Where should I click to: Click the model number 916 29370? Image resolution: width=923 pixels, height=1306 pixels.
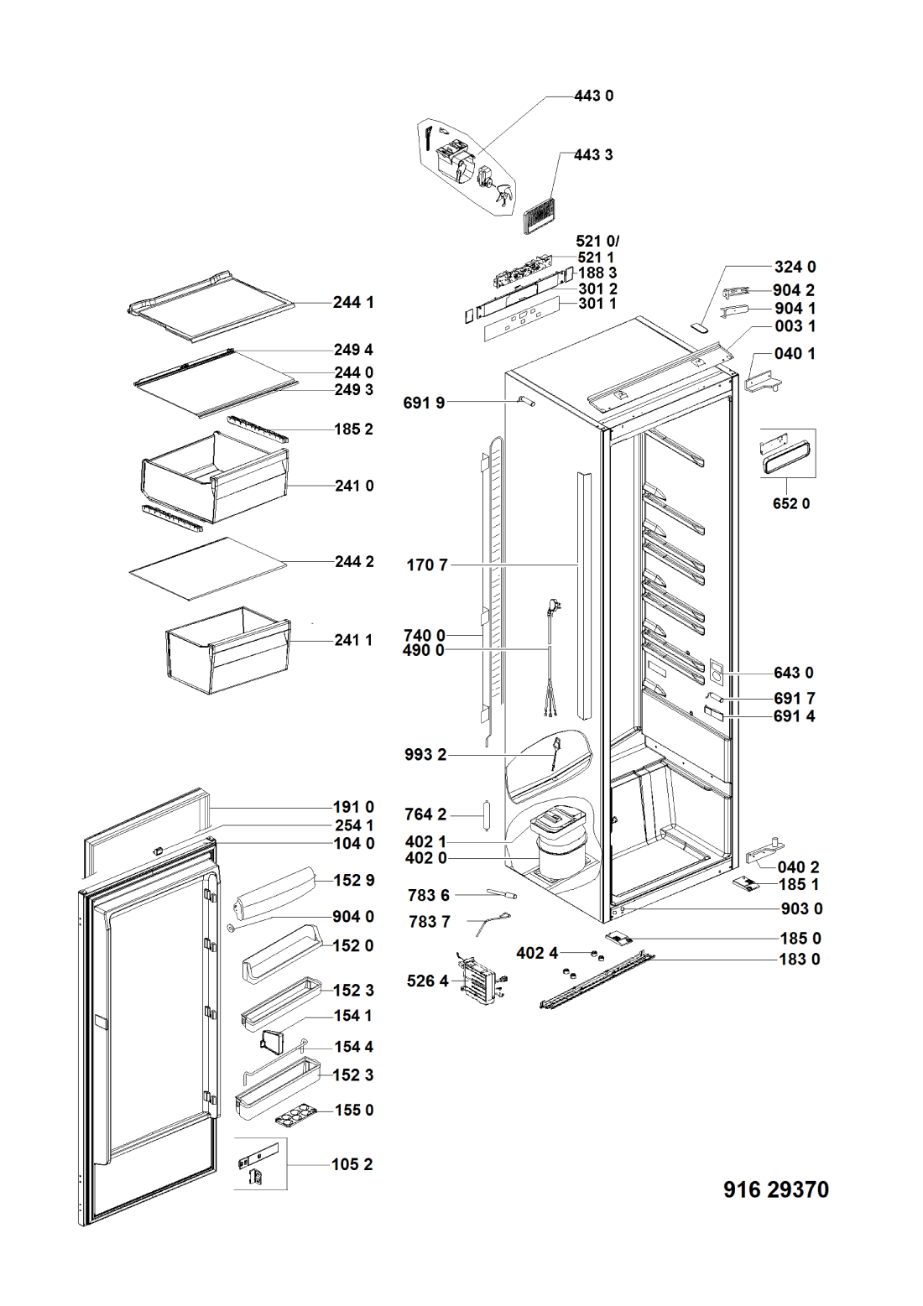(x=775, y=1189)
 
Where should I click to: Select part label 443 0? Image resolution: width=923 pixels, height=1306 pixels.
(x=593, y=96)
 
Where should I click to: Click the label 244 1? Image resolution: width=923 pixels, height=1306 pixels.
(x=353, y=302)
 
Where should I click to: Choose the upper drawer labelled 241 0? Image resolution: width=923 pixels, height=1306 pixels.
(x=215, y=476)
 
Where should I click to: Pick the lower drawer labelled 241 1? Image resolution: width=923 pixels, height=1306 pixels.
(x=228, y=650)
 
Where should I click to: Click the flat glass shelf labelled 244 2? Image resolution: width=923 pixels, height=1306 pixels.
(x=208, y=569)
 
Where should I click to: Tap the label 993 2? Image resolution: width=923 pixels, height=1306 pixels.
(x=425, y=754)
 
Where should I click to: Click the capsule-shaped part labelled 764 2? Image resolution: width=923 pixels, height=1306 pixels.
(x=488, y=815)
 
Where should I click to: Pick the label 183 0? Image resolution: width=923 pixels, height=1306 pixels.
(x=800, y=959)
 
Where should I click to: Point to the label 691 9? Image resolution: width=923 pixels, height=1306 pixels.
(x=424, y=403)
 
